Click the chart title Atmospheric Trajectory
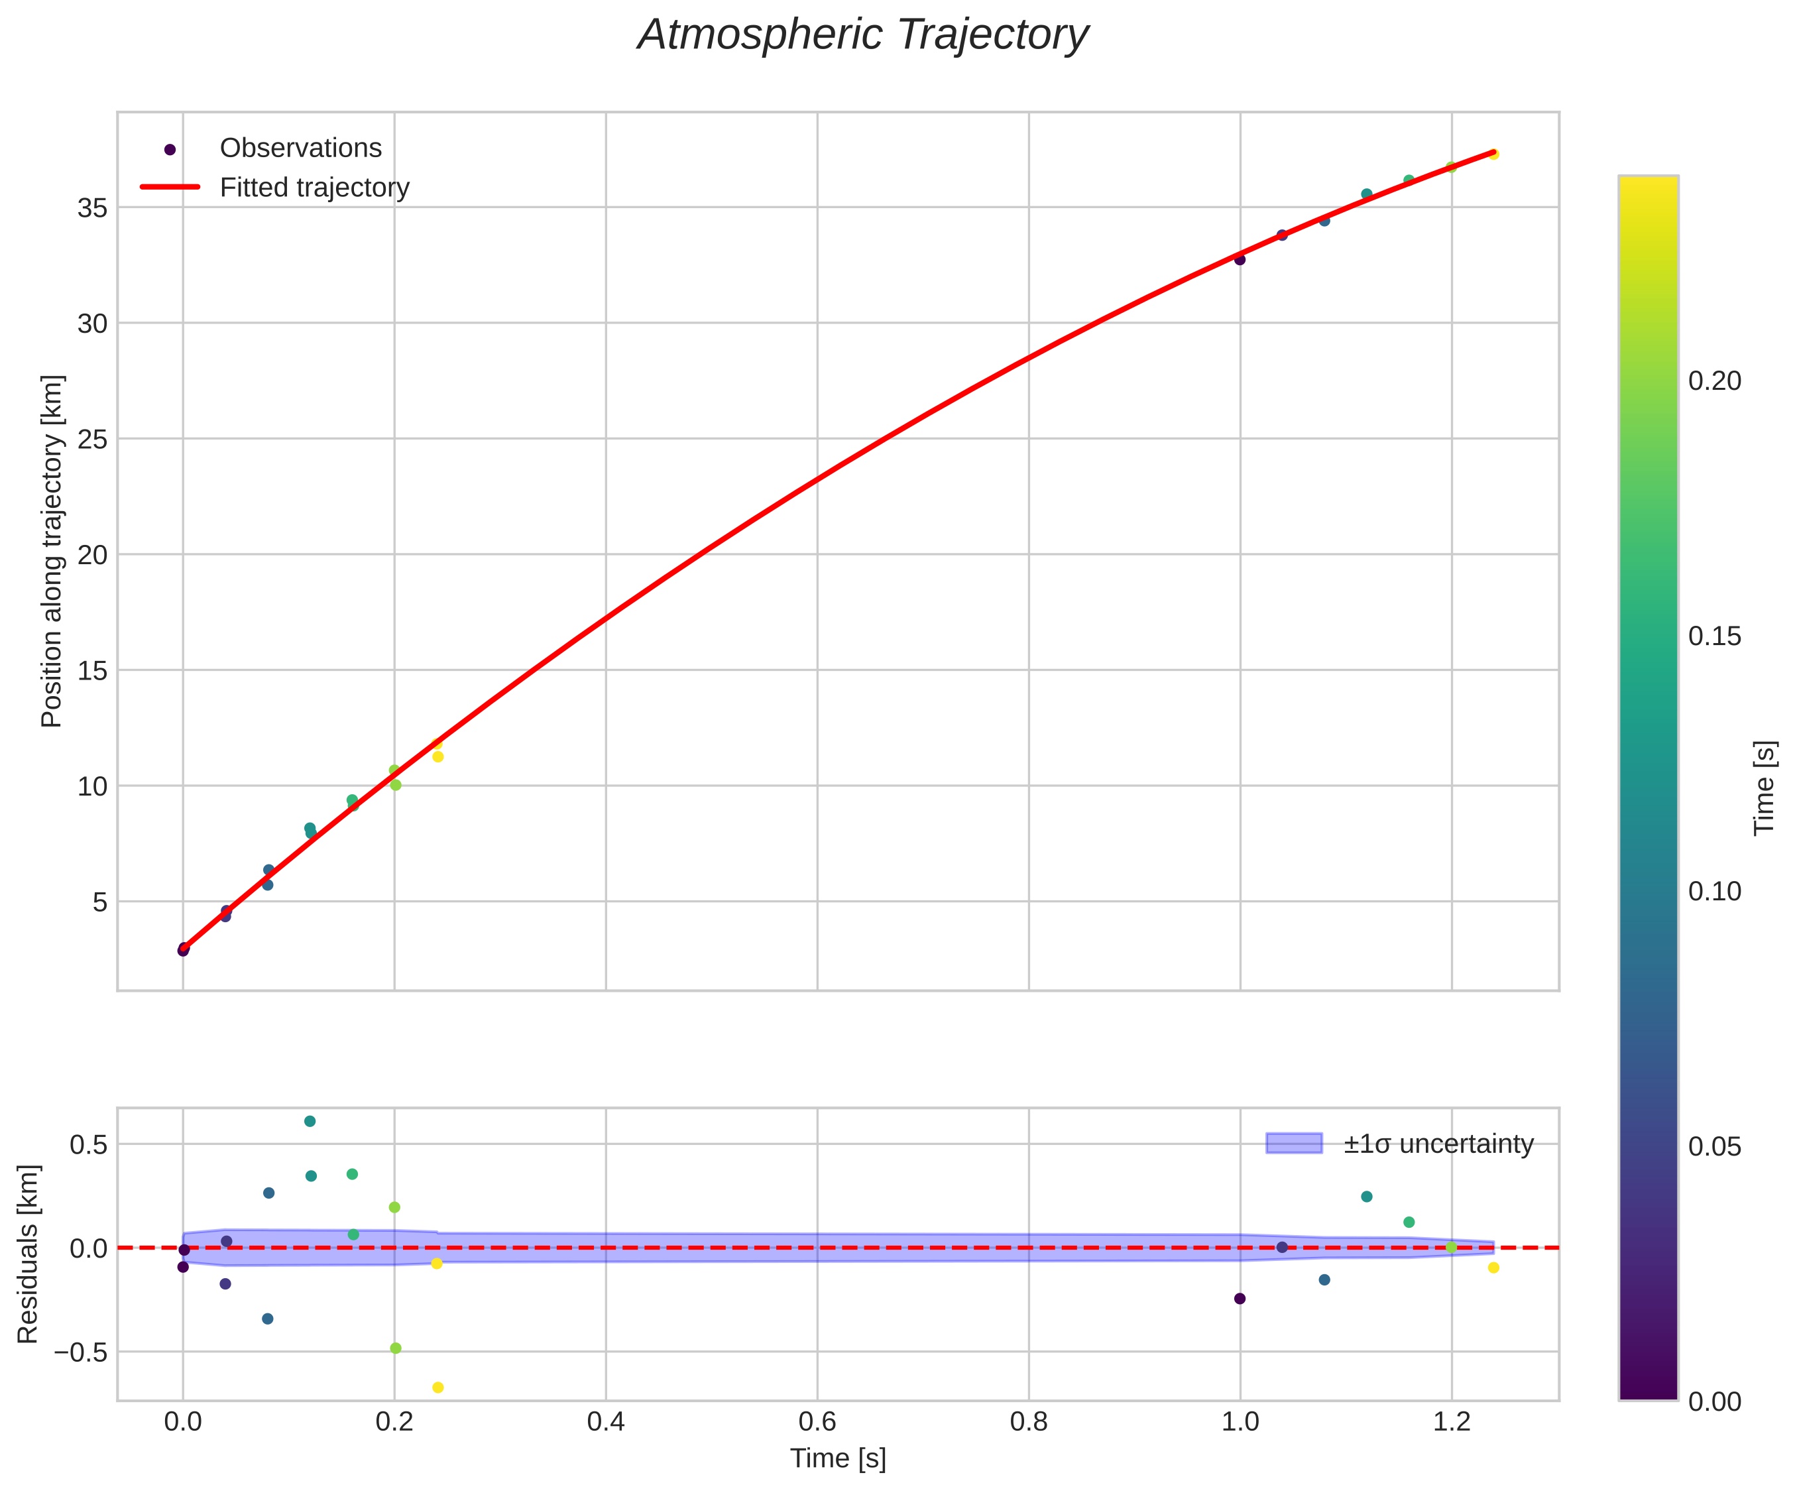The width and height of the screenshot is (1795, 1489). point(862,36)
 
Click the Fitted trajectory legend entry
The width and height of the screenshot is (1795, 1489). point(314,188)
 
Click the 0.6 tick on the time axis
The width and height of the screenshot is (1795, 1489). point(817,1421)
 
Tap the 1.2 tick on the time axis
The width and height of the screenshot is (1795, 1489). point(1452,1421)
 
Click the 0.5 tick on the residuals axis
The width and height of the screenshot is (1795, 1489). point(89,1144)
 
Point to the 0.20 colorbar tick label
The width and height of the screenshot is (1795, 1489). point(1715,381)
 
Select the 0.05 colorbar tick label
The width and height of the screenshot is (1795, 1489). point(1715,1146)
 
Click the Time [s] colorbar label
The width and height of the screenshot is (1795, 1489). point(1765,787)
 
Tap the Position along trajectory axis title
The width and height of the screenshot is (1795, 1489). point(52,552)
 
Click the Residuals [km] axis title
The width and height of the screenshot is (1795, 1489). point(29,1253)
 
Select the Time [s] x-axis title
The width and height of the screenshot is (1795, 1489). point(838,1459)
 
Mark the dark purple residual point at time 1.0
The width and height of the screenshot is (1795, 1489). point(1240,1298)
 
